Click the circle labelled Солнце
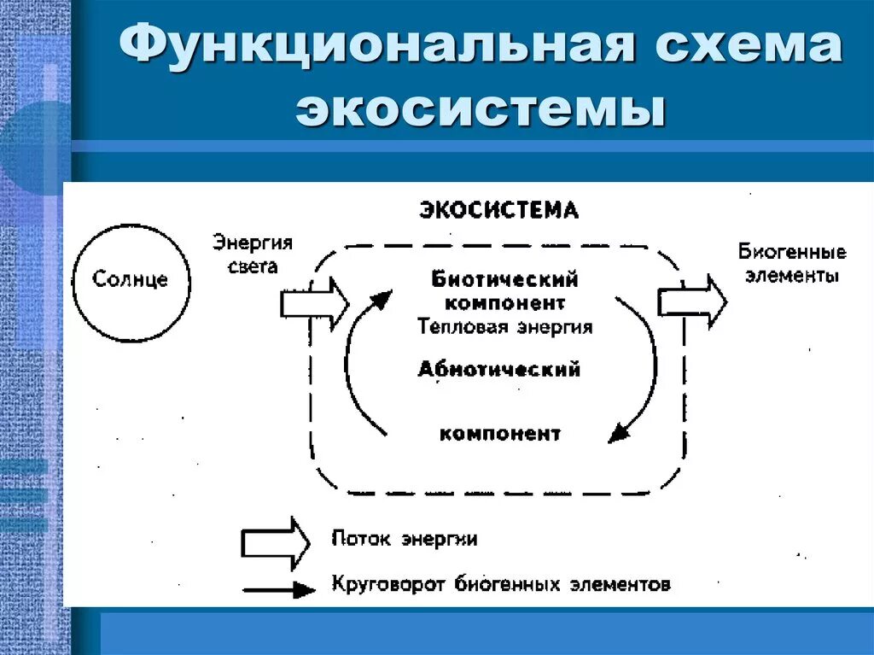pyautogui.click(x=131, y=280)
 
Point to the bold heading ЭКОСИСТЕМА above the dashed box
pyautogui.click(x=499, y=210)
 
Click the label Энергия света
pyautogui.click(x=253, y=254)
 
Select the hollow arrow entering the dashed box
pyautogui.click(x=314, y=302)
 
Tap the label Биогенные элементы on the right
pyautogui.click(x=792, y=263)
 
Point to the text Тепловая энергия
pyautogui.click(x=505, y=326)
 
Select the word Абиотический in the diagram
pyautogui.click(x=499, y=369)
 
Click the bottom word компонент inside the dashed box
pyautogui.click(x=500, y=434)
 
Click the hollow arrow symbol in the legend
pyautogui.click(x=275, y=541)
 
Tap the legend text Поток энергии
pyautogui.click(x=404, y=540)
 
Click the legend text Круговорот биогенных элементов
pyautogui.click(x=500, y=586)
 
